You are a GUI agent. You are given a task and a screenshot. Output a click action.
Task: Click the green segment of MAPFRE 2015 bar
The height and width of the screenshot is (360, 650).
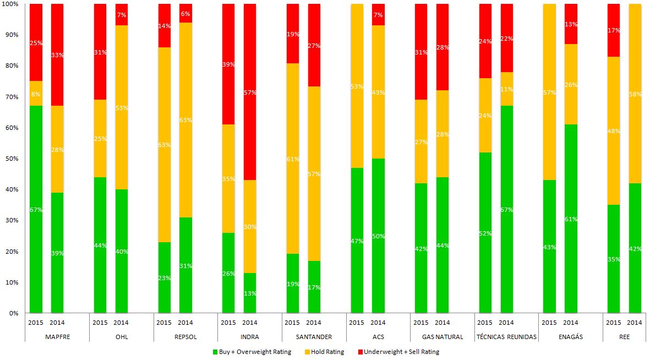click(36, 209)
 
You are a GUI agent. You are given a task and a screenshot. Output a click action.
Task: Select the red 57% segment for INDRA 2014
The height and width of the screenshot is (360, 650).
click(250, 92)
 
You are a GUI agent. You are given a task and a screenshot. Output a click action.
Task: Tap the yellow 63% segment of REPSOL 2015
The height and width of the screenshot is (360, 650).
click(164, 145)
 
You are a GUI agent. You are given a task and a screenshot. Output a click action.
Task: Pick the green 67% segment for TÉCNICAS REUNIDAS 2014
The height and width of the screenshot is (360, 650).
click(506, 209)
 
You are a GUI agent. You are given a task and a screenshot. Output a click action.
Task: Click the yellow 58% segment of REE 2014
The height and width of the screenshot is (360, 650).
click(635, 94)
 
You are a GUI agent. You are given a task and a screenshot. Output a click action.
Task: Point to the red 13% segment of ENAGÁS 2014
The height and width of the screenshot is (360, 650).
click(571, 24)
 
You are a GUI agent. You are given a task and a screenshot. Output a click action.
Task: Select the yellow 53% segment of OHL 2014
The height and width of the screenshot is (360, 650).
click(121, 107)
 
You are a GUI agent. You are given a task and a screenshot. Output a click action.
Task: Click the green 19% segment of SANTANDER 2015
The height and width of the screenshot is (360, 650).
click(293, 283)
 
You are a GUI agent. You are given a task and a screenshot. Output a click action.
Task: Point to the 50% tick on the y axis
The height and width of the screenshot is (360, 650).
click(12, 159)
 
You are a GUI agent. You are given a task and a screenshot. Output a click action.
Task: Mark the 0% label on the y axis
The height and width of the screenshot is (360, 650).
click(13, 313)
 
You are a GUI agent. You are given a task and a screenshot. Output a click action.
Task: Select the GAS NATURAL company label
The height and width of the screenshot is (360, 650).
click(442, 336)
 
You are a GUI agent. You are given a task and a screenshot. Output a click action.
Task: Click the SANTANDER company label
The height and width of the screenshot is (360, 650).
click(314, 336)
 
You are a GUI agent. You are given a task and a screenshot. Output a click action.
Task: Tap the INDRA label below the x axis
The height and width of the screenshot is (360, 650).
click(250, 336)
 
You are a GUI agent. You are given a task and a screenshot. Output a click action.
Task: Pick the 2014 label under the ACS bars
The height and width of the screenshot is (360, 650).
click(378, 322)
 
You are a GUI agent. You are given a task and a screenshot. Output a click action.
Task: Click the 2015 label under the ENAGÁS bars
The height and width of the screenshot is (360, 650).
click(549, 322)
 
